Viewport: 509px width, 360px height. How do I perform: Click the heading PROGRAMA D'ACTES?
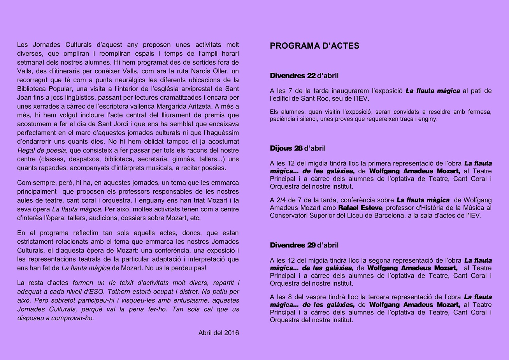(x=314, y=46)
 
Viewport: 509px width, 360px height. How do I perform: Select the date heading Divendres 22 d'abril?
(x=304, y=76)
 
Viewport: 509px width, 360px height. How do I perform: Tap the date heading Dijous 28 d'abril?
(x=298, y=148)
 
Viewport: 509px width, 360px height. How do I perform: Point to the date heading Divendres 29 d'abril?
(x=304, y=245)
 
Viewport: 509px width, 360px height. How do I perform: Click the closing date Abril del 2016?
(x=218, y=333)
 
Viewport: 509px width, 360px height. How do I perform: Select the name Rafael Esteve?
(x=360, y=208)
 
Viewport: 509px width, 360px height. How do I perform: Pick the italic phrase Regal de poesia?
(x=42, y=151)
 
